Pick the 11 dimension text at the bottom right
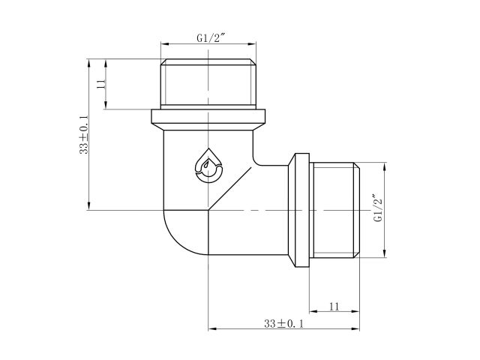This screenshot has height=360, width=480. pyautogui.click(x=334, y=306)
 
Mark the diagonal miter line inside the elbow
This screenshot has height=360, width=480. pyautogui.click(x=229, y=190)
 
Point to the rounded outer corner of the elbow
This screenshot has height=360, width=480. pyautogui.click(x=174, y=244)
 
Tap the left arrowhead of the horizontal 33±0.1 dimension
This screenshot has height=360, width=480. pyautogui.click(x=211, y=328)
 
